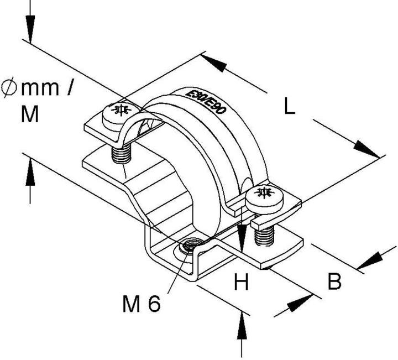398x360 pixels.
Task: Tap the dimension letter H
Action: pyautogui.click(x=241, y=283)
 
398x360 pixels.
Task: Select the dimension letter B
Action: pyautogui.click(x=334, y=282)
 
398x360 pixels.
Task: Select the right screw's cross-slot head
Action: pyautogui.click(x=263, y=194)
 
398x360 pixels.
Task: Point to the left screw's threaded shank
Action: pyautogui.click(x=121, y=152)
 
